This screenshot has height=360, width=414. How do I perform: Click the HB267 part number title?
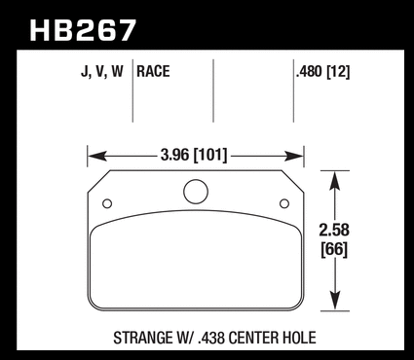click(83, 30)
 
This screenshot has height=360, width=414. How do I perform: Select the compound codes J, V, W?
click(102, 72)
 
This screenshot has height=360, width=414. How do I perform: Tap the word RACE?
click(153, 71)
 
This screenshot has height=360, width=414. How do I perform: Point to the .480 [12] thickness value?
click(322, 72)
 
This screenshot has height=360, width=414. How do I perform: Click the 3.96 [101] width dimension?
click(194, 155)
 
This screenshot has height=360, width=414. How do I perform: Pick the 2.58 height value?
click(334, 230)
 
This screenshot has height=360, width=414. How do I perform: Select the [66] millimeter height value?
click(334, 250)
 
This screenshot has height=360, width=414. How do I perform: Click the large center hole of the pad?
click(196, 192)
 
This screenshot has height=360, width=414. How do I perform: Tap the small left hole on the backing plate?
click(107, 203)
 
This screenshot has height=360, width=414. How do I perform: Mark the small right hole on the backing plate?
click(284, 203)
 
